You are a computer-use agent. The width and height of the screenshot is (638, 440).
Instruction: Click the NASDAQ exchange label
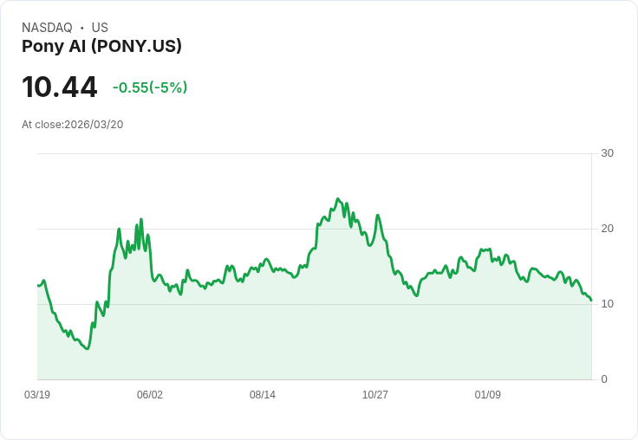click(47, 28)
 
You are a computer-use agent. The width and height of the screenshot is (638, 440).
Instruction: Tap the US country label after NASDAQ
click(100, 28)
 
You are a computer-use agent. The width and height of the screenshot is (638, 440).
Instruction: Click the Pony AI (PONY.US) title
click(101, 47)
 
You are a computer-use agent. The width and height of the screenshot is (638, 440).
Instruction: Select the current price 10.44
click(60, 87)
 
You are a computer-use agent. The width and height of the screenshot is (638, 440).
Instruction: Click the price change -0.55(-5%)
click(150, 87)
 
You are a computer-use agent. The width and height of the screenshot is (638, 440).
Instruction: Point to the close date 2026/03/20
click(94, 125)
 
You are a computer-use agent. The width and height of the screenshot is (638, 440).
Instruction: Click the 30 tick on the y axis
click(607, 153)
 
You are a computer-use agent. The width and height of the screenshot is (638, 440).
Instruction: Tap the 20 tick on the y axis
click(607, 229)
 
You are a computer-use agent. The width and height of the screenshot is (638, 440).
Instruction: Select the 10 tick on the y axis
click(607, 304)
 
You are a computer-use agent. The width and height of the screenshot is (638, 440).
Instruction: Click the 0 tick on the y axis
click(604, 379)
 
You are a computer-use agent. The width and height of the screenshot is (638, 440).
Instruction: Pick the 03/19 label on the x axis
click(37, 395)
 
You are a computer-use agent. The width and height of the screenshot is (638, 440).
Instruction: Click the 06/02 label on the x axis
click(150, 395)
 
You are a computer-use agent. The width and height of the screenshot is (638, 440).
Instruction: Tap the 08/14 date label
click(263, 395)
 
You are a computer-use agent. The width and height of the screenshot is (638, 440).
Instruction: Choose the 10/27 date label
click(375, 395)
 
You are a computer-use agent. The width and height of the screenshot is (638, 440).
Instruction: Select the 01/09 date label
click(488, 395)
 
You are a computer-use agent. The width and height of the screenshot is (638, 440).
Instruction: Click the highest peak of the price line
click(338, 198)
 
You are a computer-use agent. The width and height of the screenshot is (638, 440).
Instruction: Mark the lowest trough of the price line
click(87, 348)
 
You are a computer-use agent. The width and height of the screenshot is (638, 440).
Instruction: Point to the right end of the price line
click(591, 301)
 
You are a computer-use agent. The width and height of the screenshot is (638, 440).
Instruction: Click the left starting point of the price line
click(37, 285)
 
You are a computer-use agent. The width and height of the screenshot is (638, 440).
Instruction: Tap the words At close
click(42, 125)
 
